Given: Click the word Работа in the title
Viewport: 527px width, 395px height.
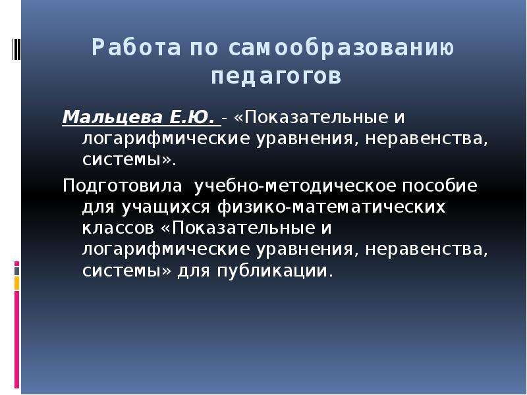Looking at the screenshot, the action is pos(136,47).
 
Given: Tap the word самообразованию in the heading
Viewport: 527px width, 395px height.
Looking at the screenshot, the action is pos(341,47).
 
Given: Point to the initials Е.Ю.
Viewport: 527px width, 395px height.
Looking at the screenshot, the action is pos(192,117).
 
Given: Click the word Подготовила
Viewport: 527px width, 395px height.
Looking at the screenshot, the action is pos(123,186).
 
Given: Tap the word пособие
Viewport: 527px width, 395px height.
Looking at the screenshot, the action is pos(439,186).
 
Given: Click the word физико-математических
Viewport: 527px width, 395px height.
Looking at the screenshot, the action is pos(331,207).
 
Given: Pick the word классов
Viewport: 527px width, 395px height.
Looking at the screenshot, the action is pos(118,228).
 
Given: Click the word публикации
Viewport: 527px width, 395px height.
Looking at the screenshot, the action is pos(272,271).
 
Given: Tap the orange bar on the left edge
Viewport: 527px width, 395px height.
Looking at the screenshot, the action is pos(17,283).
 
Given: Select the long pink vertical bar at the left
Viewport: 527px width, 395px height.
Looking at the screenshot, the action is pos(17,340).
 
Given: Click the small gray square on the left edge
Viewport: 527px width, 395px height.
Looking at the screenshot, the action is pos(17,271).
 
